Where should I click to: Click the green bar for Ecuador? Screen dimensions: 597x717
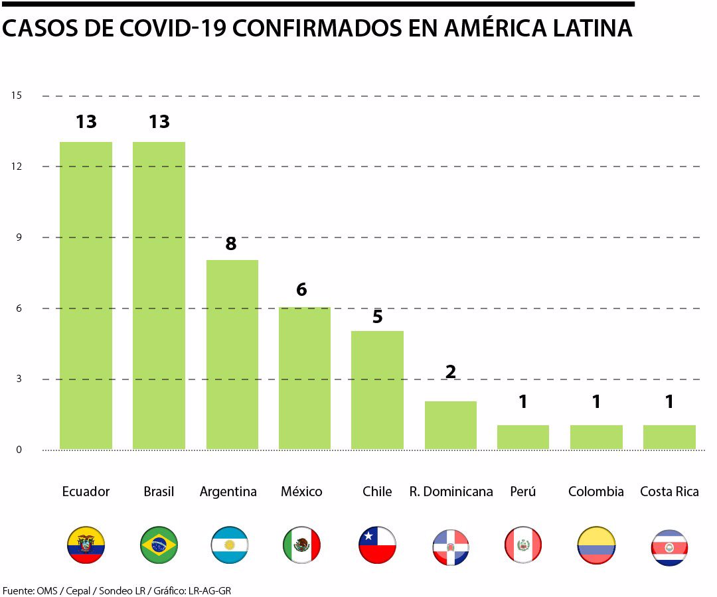click(x=86, y=295)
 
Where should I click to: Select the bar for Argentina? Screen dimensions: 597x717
click(x=232, y=354)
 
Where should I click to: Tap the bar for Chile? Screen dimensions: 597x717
click(x=377, y=390)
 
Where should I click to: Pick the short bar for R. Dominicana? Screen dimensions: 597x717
click(x=450, y=425)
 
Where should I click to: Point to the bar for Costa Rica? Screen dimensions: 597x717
click(x=669, y=437)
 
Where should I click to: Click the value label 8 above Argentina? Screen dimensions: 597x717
click(x=231, y=243)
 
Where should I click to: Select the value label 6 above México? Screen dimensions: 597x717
click(x=301, y=290)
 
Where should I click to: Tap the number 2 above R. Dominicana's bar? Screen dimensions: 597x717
click(x=450, y=371)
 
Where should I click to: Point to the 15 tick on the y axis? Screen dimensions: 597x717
click(x=17, y=96)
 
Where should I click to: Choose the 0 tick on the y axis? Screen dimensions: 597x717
click(x=19, y=450)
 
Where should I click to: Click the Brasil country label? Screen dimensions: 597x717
click(x=159, y=492)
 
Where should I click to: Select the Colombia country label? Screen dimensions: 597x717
click(x=596, y=492)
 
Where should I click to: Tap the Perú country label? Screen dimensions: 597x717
click(x=522, y=492)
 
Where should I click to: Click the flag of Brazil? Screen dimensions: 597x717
click(x=159, y=545)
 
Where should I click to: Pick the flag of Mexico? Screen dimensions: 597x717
click(x=301, y=545)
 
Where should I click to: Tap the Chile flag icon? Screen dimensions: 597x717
click(x=377, y=545)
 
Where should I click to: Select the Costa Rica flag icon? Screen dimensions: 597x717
click(x=669, y=547)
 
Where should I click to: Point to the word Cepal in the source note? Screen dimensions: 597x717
click(x=79, y=590)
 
